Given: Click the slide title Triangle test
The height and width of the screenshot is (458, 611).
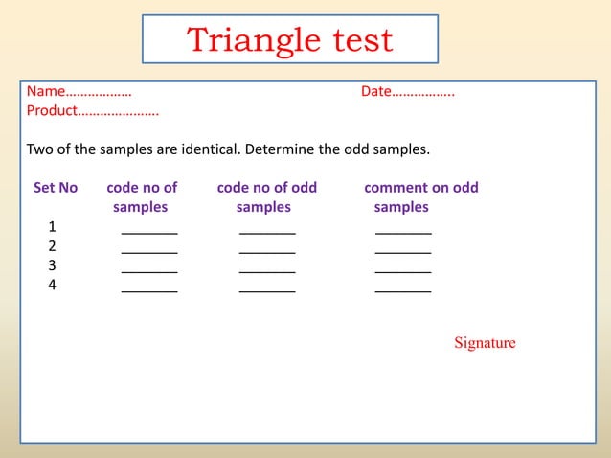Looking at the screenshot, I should pos(289,40).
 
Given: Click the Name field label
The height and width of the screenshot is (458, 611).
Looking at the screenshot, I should pos(45,92).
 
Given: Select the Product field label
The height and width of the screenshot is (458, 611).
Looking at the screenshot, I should pos(51,111).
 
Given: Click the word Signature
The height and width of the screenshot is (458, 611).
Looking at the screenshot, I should pos(485,343).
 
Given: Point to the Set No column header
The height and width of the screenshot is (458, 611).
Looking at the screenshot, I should pos(56,188).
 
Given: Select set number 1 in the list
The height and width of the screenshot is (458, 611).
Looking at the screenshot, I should pos(52,227).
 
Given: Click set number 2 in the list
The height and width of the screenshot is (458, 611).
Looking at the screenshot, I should pos(52,246).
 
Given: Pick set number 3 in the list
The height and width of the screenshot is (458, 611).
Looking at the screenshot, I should pos(52,265).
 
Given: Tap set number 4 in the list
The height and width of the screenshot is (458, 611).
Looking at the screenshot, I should pos(52,285).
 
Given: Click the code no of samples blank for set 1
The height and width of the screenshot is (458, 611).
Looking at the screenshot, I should pos(149,230).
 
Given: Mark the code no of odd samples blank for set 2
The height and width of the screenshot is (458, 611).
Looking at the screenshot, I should pos(267,249).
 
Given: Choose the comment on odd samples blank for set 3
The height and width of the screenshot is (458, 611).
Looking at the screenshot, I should pos(403,268).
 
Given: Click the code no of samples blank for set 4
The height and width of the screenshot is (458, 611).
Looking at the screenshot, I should pos(149,287).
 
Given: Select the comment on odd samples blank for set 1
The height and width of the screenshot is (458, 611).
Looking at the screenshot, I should pos(403,230).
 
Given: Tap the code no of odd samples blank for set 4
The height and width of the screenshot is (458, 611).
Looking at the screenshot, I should pos(267,287).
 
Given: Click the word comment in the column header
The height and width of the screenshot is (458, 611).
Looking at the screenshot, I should pos(396,188).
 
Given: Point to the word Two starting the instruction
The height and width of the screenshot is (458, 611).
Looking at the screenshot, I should pos(39,150).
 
